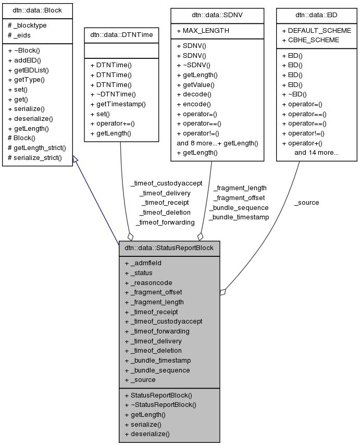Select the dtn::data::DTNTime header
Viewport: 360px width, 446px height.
pos(121,35)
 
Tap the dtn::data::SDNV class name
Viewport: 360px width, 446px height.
pos(210,15)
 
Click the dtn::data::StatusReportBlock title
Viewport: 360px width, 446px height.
pos(169,247)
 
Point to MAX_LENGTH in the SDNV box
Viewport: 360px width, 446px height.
pos(203,31)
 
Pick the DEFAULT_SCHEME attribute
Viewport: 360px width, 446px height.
pos(316,31)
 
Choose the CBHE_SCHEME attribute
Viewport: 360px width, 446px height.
pos(314,40)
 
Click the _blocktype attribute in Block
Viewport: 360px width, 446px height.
pos(28,26)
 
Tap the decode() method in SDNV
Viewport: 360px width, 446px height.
pos(194,94)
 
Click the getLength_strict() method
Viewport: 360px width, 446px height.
pos(36,147)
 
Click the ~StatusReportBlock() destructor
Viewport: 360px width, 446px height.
pos(163,404)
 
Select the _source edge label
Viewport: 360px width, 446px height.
pos(306,202)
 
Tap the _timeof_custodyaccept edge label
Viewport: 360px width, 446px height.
pos(166,183)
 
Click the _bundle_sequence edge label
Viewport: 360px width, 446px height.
pos(239,207)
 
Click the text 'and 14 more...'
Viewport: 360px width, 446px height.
pos(316,153)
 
